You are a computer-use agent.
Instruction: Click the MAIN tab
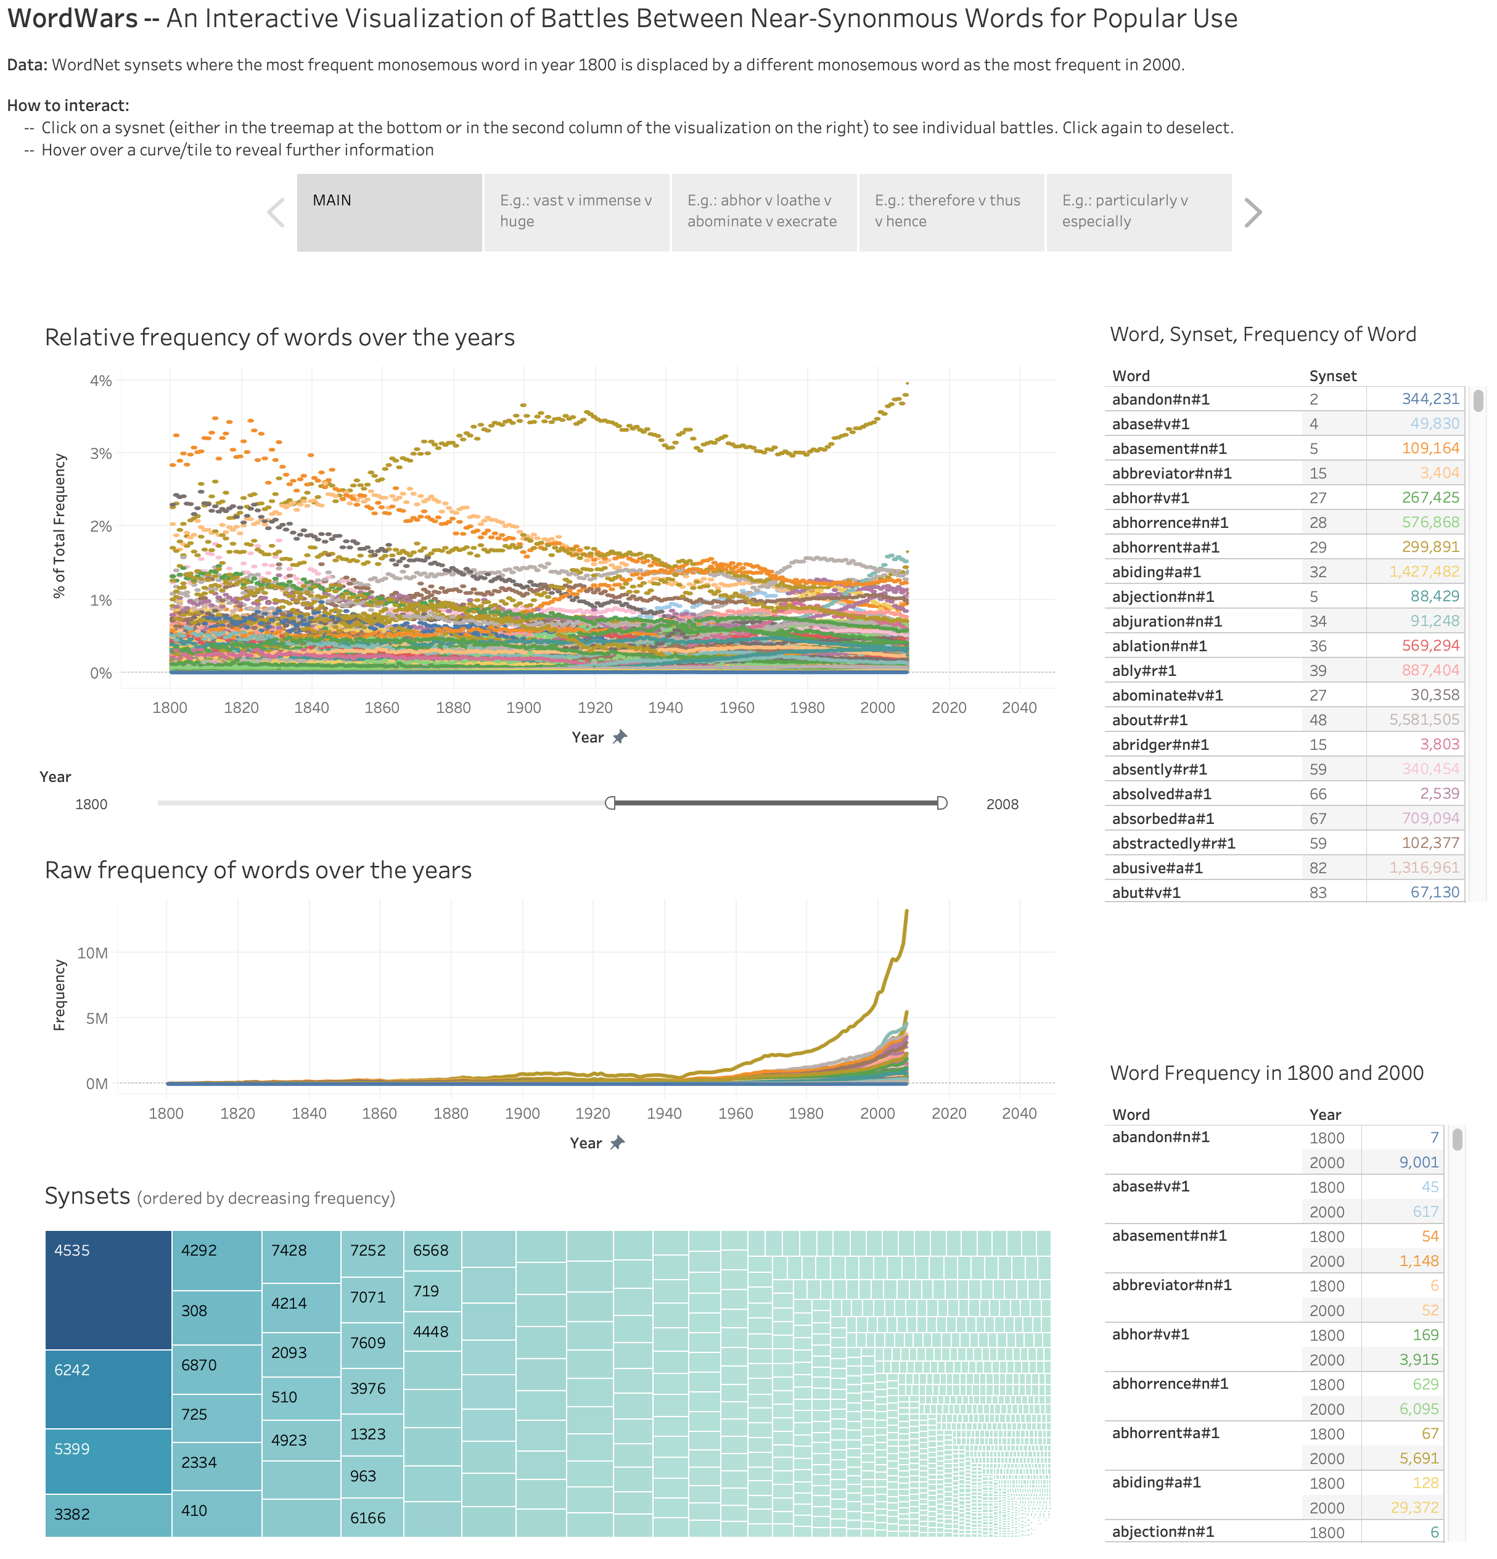[x=389, y=212]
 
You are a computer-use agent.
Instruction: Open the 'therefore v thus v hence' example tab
[x=951, y=212]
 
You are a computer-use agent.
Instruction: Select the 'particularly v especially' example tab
[x=1138, y=212]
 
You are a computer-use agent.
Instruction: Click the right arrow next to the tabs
[x=1253, y=212]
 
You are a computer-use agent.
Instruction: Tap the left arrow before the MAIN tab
[x=275, y=212]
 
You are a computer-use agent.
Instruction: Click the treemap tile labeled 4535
[x=108, y=1290]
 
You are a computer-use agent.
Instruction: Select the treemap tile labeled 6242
[x=108, y=1389]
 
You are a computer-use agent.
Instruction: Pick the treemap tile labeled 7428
[x=301, y=1256]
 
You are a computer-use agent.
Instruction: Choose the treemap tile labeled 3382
[x=108, y=1515]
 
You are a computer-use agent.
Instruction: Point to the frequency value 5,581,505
[x=1424, y=720]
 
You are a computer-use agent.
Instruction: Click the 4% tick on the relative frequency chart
[x=100, y=381]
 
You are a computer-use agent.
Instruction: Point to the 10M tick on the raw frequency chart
[x=92, y=953]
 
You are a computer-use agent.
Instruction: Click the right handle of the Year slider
[x=941, y=804]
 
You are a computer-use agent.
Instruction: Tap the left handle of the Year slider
[x=610, y=804]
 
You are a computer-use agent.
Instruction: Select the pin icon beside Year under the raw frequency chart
[x=617, y=1143]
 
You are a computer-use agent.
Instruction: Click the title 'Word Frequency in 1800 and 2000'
[x=1266, y=1073]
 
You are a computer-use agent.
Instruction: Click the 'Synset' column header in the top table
[x=1332, y=376]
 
